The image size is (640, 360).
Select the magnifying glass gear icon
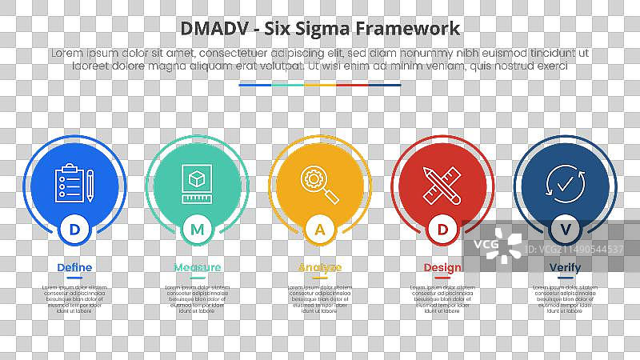point(319,182)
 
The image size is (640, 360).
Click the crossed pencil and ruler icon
point(442,182)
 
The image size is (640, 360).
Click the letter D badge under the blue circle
point(74,230)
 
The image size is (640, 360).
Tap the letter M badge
point(197,230)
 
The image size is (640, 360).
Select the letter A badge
point(320,230)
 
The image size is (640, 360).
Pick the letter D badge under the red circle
point(442,230)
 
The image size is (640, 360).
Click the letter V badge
point(566,230)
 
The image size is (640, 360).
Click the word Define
point(74,267)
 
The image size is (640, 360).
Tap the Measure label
point(197,267)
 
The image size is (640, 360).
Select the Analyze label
point(320,267)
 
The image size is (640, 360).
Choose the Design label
point(442,267)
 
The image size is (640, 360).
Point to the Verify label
point(566,267)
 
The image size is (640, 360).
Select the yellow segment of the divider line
point(320,84)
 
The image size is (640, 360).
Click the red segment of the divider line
point(352,84)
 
